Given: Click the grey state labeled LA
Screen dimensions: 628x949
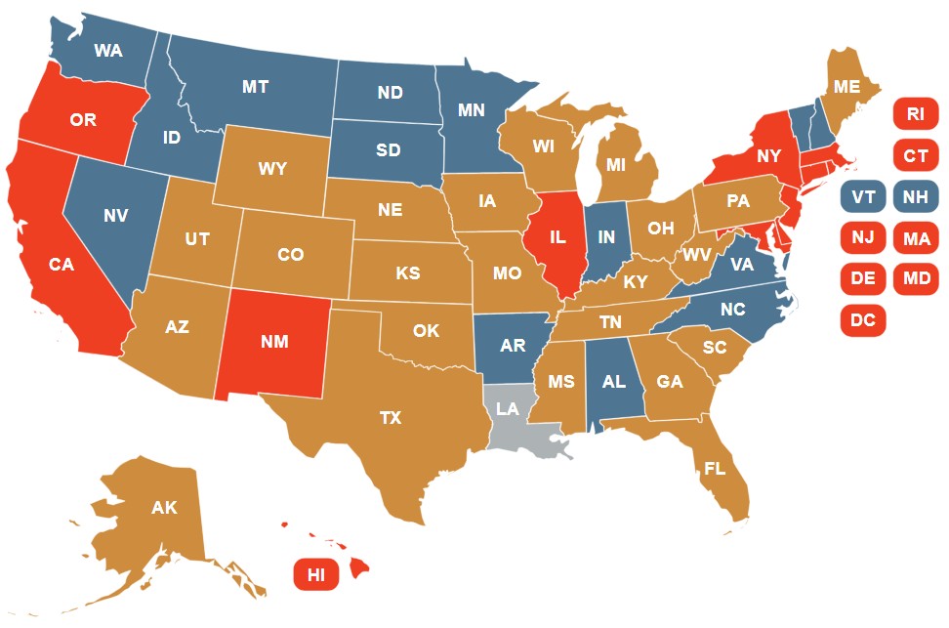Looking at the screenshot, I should (x=507, y=410).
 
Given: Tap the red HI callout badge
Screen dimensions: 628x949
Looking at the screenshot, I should (x=316, y=574).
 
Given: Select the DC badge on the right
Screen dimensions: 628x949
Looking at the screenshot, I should (x=862, y=319).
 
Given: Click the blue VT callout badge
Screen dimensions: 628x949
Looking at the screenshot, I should (x=862, y=197).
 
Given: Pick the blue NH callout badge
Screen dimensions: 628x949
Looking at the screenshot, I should (x=915, y=197).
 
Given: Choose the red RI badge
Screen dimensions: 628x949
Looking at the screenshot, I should (x=915, y=114).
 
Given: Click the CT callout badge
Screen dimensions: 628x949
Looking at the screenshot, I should (x=915, y=155).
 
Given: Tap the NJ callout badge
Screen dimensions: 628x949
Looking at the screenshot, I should (x=862, y=238).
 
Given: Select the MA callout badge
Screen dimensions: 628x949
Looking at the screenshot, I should (x=915, y=238).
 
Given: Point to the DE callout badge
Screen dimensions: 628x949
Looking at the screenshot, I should (x=862, y=278).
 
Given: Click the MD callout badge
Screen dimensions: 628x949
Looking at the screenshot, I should (x=915, y=278).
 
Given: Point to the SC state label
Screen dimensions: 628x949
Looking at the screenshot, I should (x=715, y=348).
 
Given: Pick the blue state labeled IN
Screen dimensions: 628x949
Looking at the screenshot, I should (x=606, y=237).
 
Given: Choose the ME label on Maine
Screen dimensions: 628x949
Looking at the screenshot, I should (x=846, y=88).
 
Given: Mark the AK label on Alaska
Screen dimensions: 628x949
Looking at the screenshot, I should (x=164, y=508).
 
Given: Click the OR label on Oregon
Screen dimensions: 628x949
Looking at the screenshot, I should (x=83, y=121).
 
